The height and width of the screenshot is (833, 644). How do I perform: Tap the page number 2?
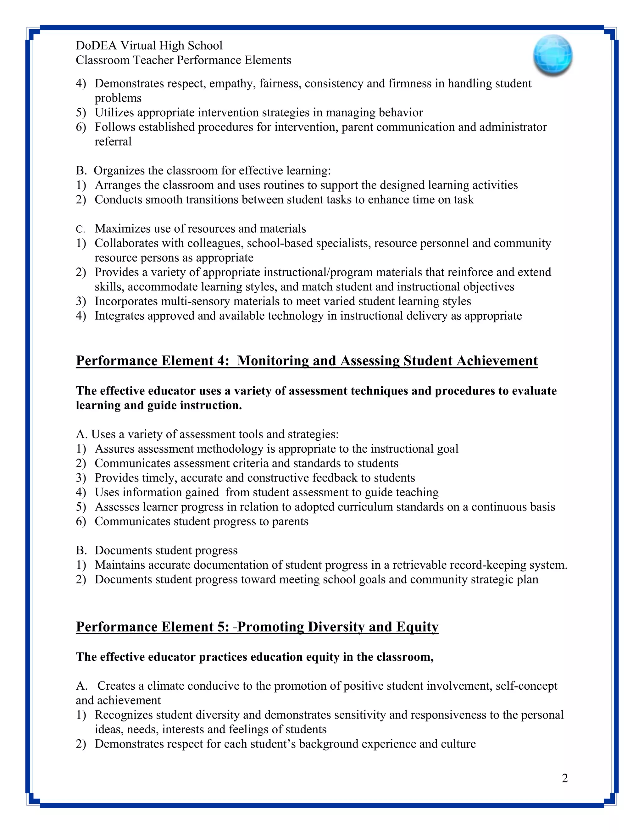[565, 778]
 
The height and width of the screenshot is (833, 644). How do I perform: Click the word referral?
[113, 141]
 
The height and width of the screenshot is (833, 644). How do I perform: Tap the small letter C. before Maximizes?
[80, 229]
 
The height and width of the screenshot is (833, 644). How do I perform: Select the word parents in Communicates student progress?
[290, 521]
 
